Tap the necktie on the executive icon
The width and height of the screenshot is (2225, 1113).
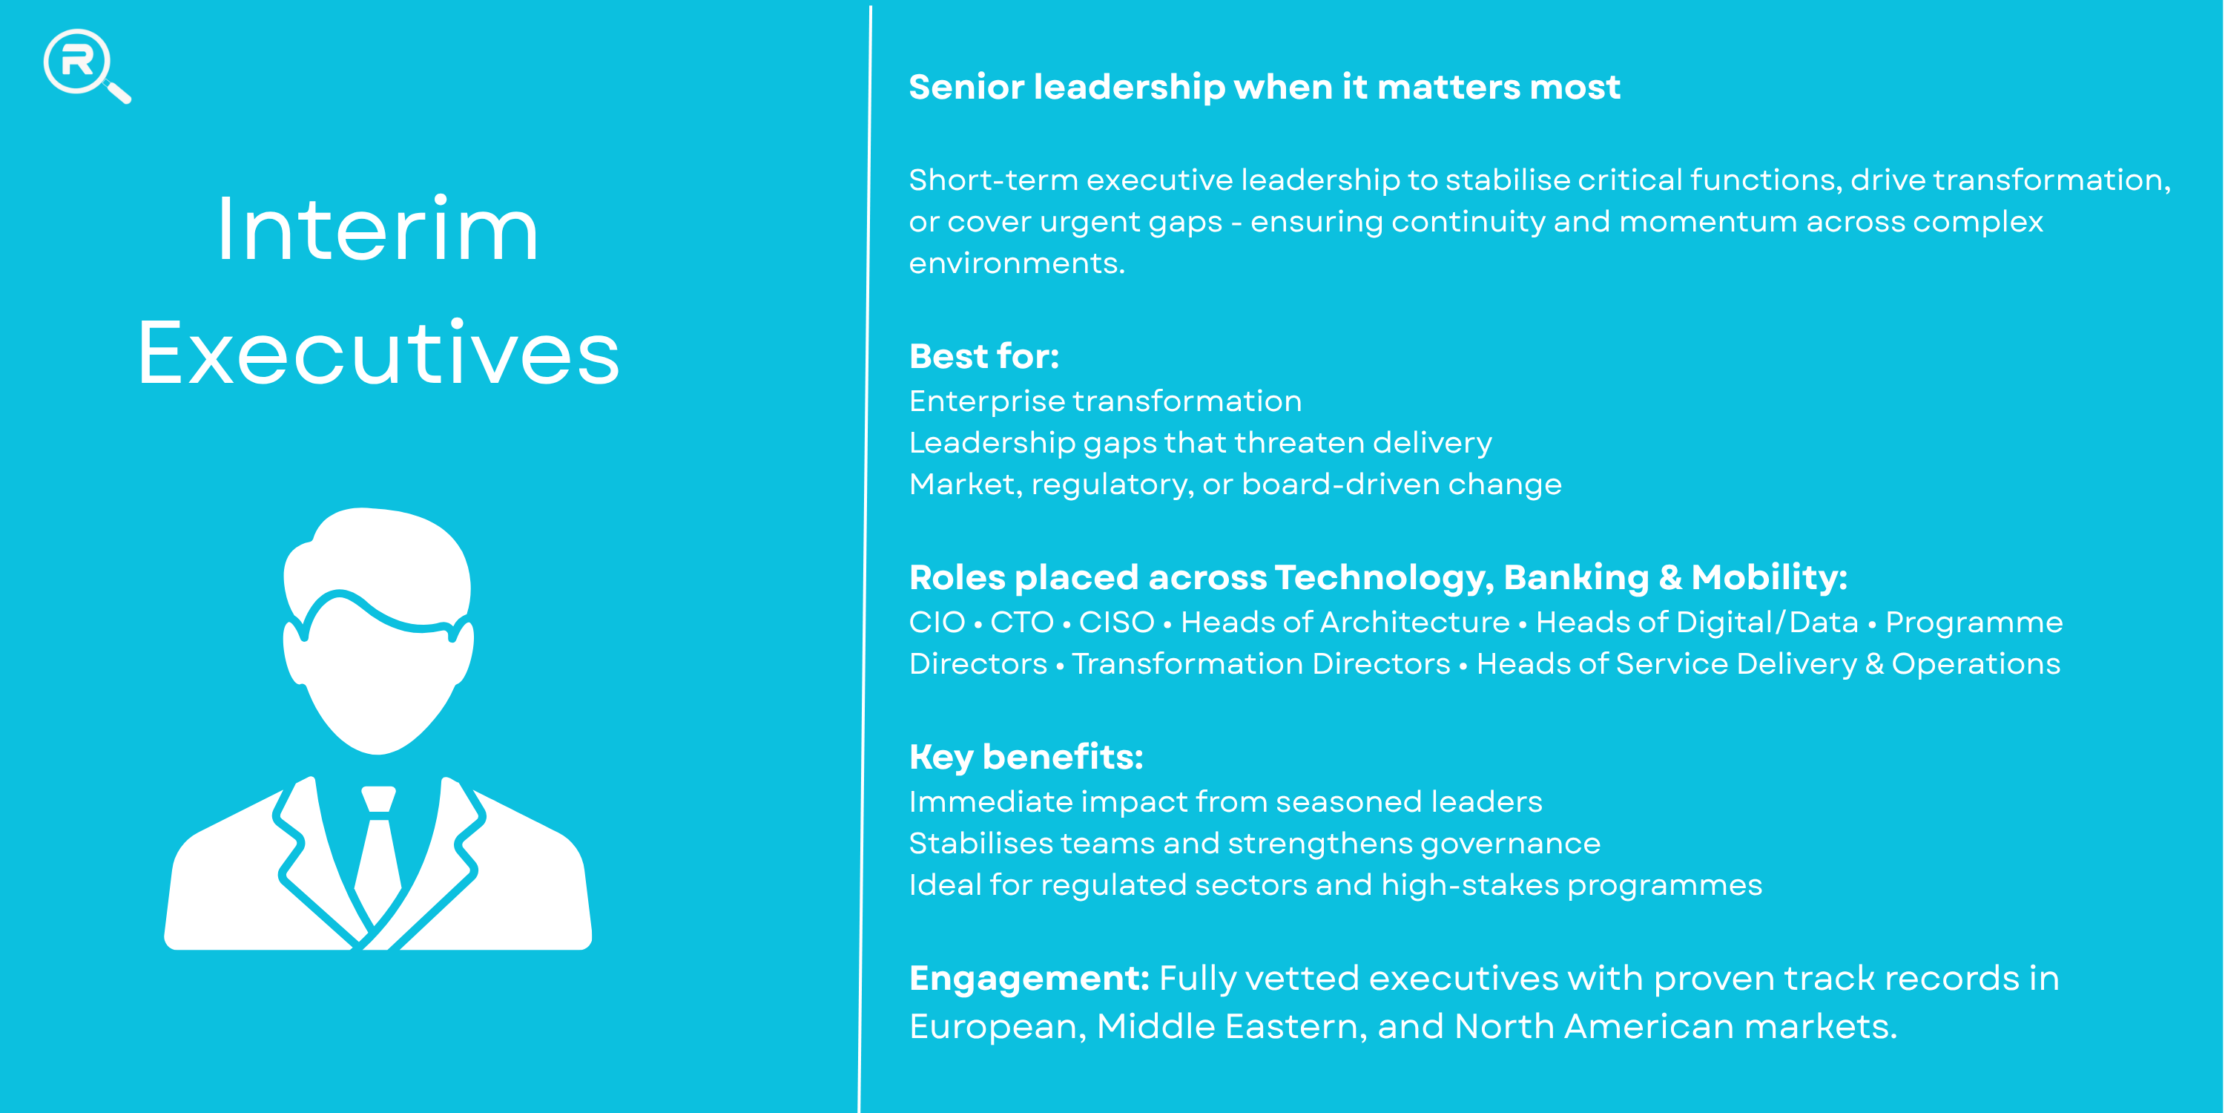[x=378, y=856]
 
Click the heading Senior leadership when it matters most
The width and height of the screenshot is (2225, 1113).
[x=1265, y=88]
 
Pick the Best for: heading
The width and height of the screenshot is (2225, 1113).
[x=983, y=356]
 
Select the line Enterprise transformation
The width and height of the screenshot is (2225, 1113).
[x=1106, y=401]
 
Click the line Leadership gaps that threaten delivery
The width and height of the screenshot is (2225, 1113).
[x=1201, y=442]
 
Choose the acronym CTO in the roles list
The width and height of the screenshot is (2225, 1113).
[x=1022, y=623]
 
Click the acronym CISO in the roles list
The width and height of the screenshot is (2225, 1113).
[x=1117, y=623]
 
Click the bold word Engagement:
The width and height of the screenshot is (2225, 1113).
[x=1029, y=979]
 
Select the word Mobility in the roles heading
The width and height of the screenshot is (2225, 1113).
[x=1769, y=577]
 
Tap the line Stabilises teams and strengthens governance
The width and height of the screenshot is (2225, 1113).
[x=1255, y=844]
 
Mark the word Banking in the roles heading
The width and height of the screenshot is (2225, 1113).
[x=1576, y=577]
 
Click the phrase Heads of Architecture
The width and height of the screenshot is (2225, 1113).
[x=1345, y=623]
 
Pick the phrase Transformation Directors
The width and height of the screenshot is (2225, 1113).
[x=1261, y=663]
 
